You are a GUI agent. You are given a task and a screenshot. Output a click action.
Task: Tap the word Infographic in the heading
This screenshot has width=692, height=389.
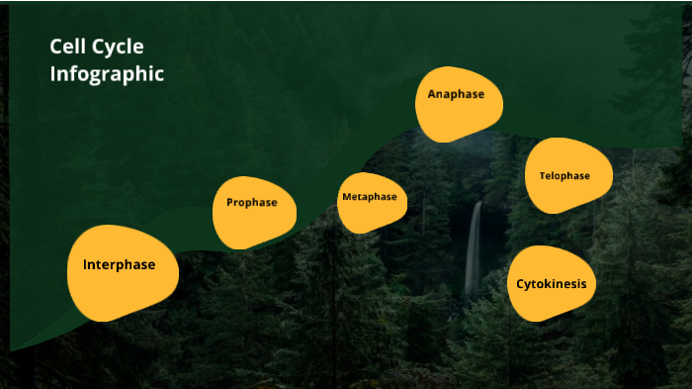pyautogui.click(x=107, y=73)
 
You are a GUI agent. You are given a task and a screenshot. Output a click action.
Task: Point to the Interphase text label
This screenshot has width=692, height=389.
pyautogui.click(x=119, y=264)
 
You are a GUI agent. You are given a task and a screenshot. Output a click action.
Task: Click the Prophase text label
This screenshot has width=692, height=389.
pyautogui.click(x=252, y=203)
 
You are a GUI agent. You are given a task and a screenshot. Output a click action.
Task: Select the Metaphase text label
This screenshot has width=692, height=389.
pyautogui.click(x=369, y=197)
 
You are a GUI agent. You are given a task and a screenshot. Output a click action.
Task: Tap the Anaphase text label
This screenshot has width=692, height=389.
pyautogui.click(x=456, y=94)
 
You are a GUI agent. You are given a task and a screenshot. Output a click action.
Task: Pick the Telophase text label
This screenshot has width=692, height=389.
pyautogui.click(x=564, y=176)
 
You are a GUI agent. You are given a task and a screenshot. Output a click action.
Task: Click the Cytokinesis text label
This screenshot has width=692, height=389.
pyautogui.click(x=551, y=284)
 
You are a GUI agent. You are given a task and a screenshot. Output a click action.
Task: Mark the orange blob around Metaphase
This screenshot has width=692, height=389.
pyautogui.click(x=369, y=216)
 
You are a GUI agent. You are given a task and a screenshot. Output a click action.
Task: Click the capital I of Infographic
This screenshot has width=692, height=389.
pyautogui.click(x=53, y=73)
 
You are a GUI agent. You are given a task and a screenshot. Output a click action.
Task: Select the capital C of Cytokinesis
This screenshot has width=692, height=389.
pyautogui.click(x=521, y=284)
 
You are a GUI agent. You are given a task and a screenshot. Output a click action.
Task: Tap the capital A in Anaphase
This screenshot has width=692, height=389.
pyautogui.click(x=432, y=94)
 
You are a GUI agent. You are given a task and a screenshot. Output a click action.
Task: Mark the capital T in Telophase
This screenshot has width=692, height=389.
pyautogui.click(x=542, y=176)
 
